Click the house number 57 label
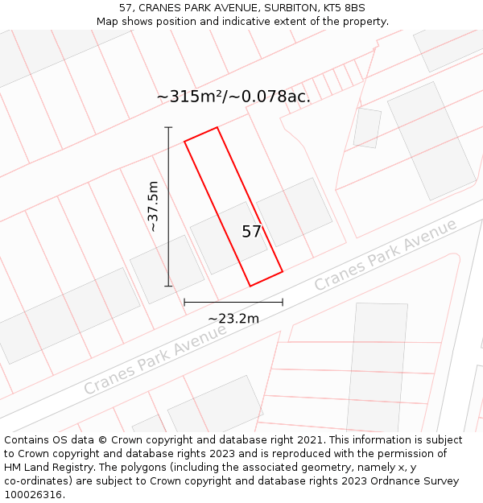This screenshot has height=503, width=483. tap(252, 232)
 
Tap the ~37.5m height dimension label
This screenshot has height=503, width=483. tap(153, 206)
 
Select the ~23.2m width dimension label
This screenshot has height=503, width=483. tap(233, 319)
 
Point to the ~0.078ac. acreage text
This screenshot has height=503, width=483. tap(270, 97)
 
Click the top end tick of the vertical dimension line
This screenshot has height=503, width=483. tap(168, 127)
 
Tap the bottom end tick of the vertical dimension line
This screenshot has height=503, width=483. tap(168, 286)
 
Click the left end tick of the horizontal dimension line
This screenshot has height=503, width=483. tap(184, 303)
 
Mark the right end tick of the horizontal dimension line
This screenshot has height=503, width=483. tap(283, 303)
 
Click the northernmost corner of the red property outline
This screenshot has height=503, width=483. tap(217, 127)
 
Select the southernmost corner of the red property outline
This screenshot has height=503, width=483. tap(250, 286)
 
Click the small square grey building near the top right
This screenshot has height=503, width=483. tap(367, 128)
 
